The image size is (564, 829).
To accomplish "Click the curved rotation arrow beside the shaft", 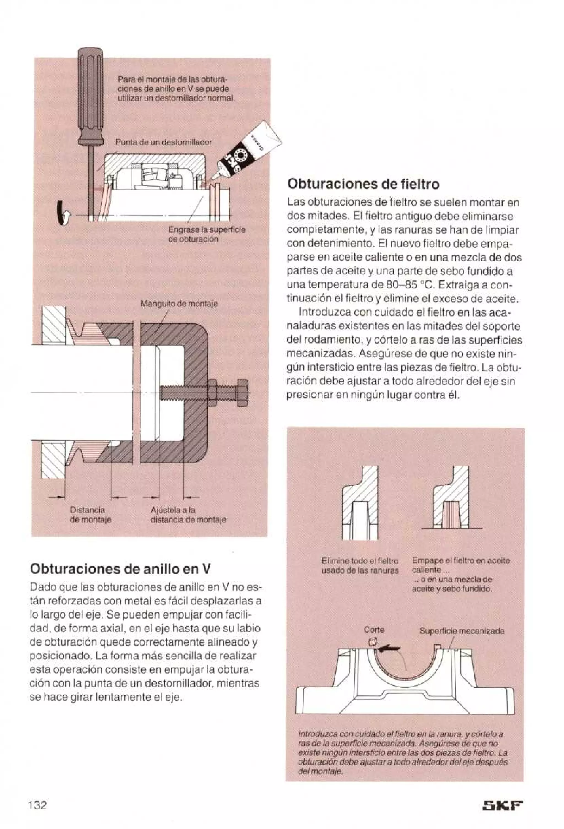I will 63,213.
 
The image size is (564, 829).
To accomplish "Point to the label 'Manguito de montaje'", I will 179,304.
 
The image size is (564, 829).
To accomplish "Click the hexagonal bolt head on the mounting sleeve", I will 242,392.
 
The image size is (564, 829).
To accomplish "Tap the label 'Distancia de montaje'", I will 90,515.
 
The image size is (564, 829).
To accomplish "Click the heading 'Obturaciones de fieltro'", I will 363,184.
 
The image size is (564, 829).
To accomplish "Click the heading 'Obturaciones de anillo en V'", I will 120,568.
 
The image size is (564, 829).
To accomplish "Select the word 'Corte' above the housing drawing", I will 374,630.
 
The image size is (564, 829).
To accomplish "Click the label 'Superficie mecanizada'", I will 461,631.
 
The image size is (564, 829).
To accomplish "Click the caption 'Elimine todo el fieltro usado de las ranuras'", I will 360,565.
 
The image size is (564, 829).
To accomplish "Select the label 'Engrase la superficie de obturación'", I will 207,234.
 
